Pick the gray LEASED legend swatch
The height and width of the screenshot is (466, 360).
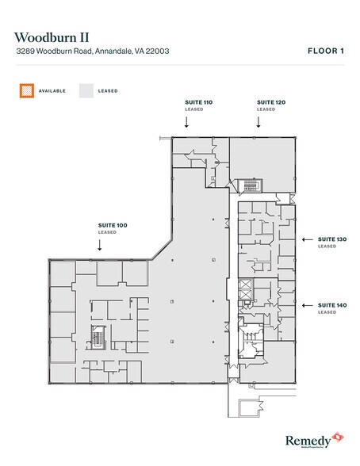(86, 90)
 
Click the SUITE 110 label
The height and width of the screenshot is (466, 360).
(187, 103)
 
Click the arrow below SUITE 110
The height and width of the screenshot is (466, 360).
(187, 122)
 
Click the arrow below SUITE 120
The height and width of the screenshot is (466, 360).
(258, 122)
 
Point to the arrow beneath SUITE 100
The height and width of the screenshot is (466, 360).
(99, 246)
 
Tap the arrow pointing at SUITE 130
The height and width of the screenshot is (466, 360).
(307, 239)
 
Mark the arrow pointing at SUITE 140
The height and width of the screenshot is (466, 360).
(307, 305)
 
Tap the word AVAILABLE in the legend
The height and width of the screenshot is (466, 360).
(53, 91)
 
